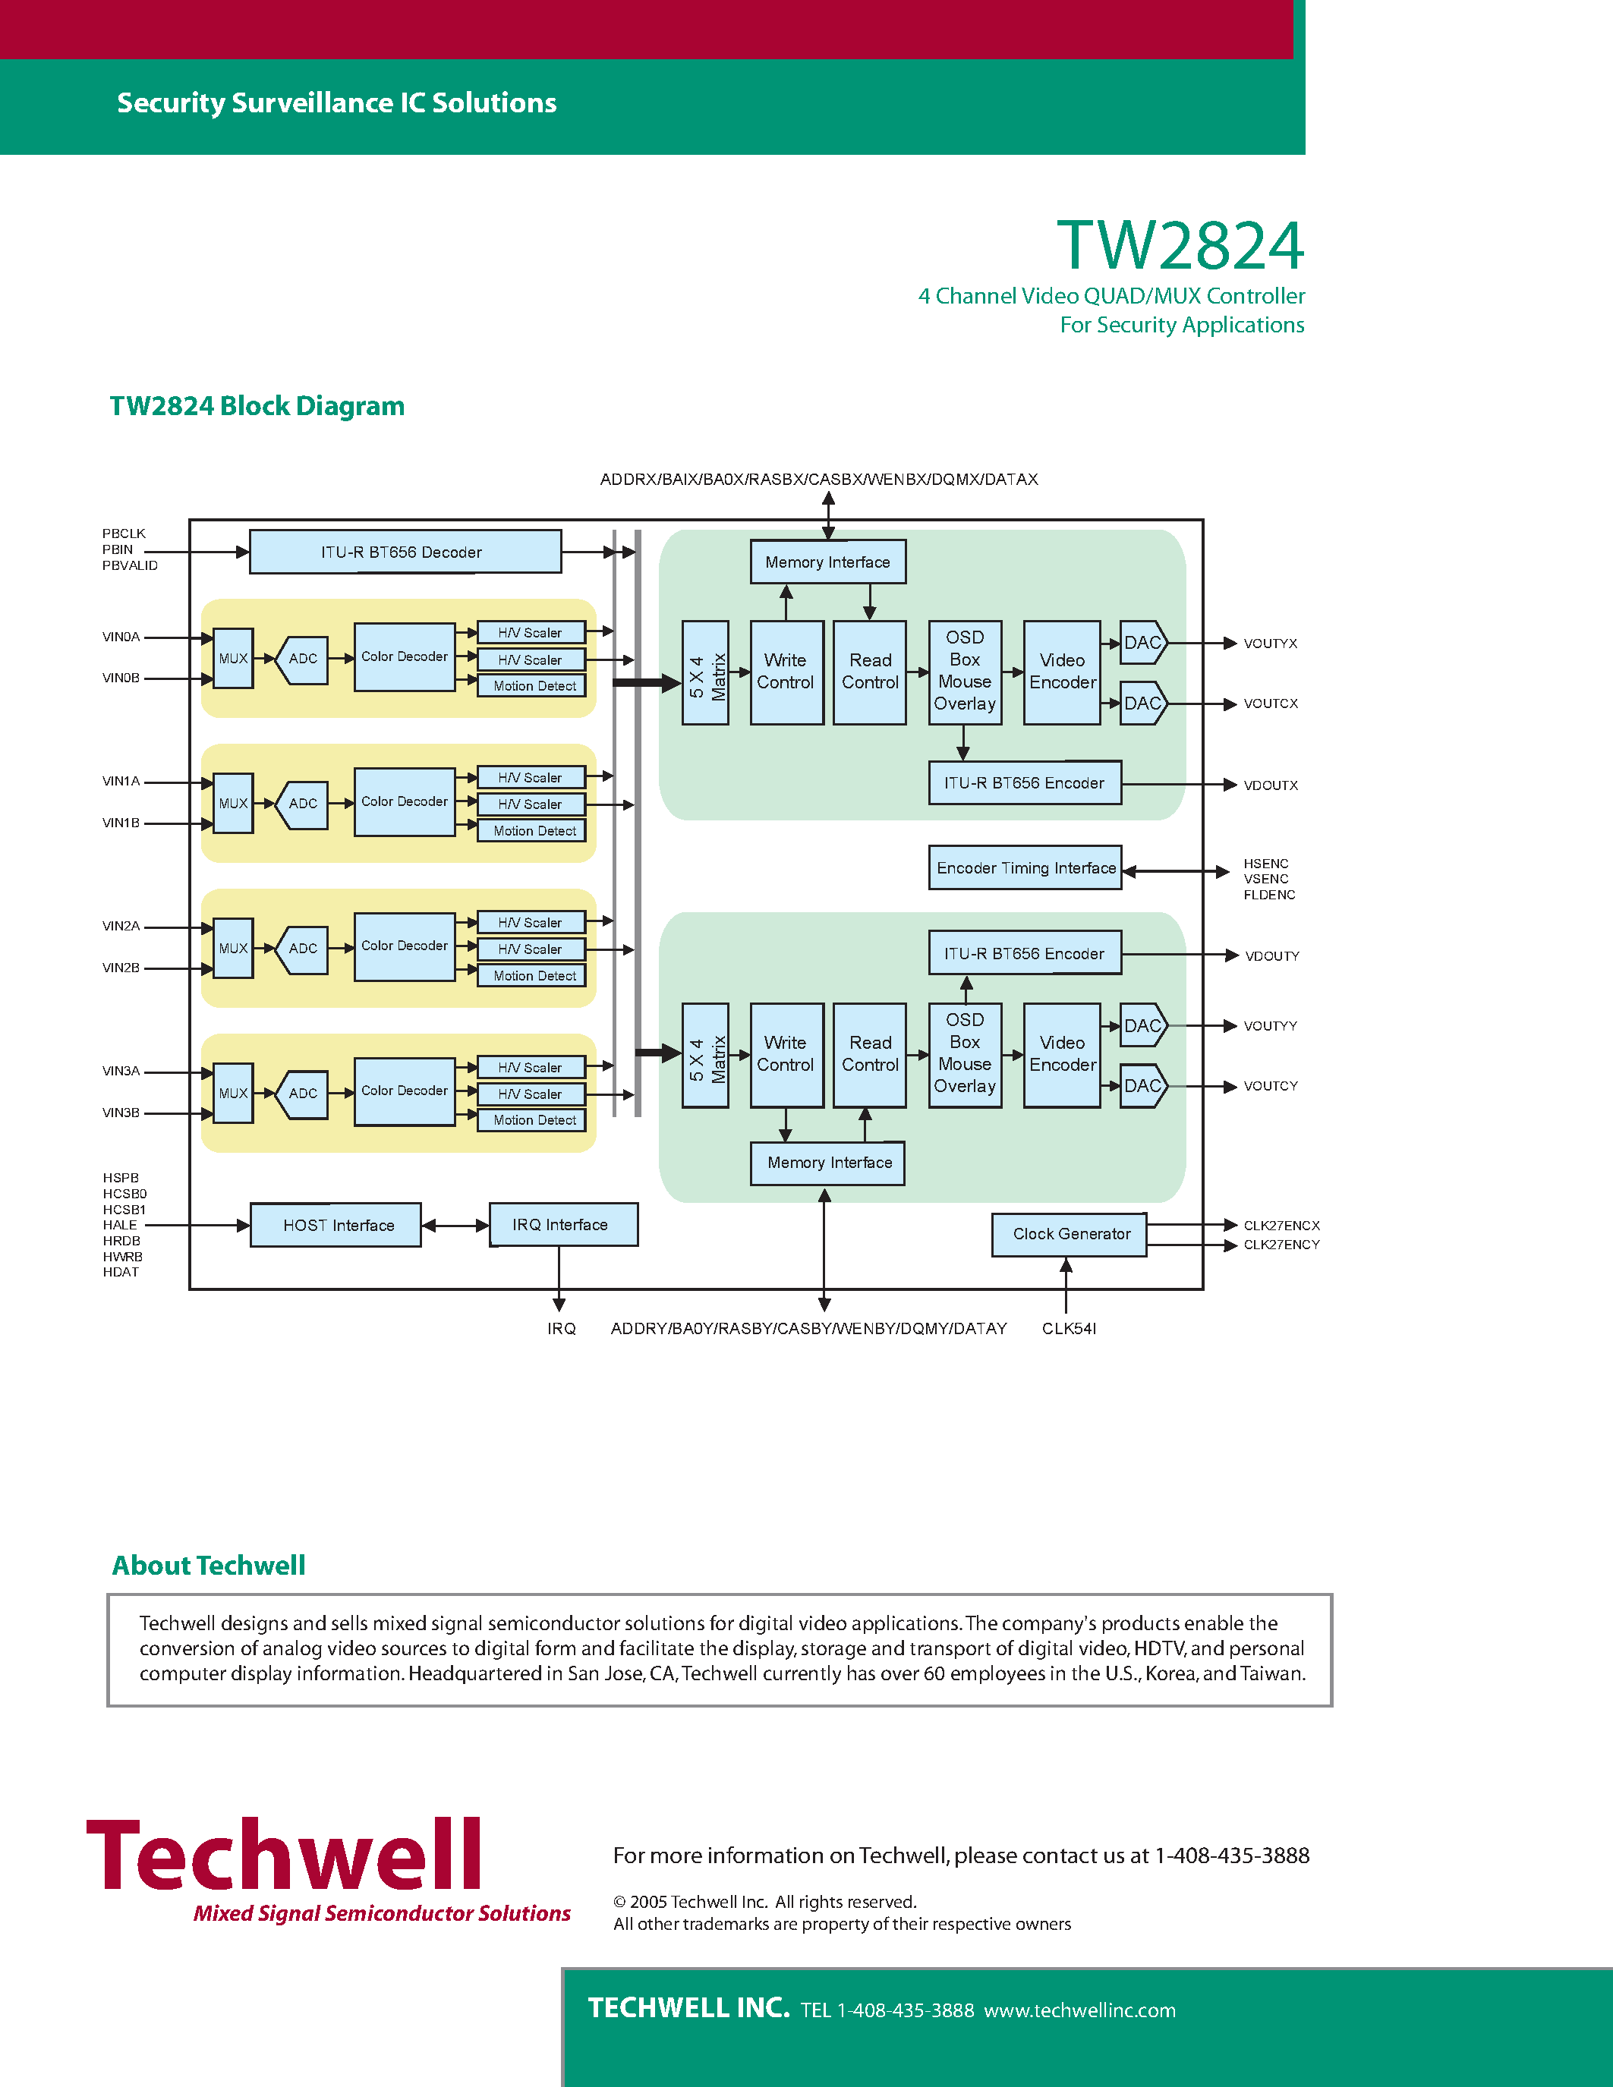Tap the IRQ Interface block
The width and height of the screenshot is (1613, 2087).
[x=562, y=1225]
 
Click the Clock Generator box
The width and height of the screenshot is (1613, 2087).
[x=1070, y=1235]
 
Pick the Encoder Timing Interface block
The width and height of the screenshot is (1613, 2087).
[x=1025, y=867]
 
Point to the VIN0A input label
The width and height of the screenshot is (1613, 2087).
[x=121, y=637]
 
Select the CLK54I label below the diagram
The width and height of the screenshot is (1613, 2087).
[x=1068, y=1329]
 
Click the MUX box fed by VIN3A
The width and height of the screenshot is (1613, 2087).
[x=233, y=1093]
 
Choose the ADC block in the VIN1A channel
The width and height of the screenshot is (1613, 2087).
[x=303, y=804]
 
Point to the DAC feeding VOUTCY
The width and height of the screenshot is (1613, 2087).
[x=1142, y=1087]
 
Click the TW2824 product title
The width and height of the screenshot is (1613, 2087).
[x=1180, y=246]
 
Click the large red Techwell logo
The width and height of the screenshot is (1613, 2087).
[x=285, y=1855]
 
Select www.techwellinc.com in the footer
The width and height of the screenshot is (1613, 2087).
[x=1080, y=2010]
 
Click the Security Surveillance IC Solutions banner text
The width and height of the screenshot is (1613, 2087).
[x=336, y=103]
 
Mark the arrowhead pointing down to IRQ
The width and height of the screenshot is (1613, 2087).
[x=559, y=1305]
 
